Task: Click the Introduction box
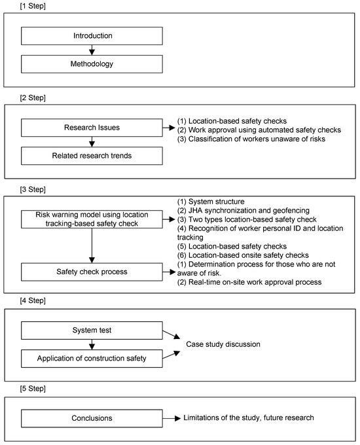[92, 36]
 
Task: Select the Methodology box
[92, 63]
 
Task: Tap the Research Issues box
[92, 128]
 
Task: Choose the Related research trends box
[92, 156]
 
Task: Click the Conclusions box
[92, 417]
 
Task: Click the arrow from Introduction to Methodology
[92, 50]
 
